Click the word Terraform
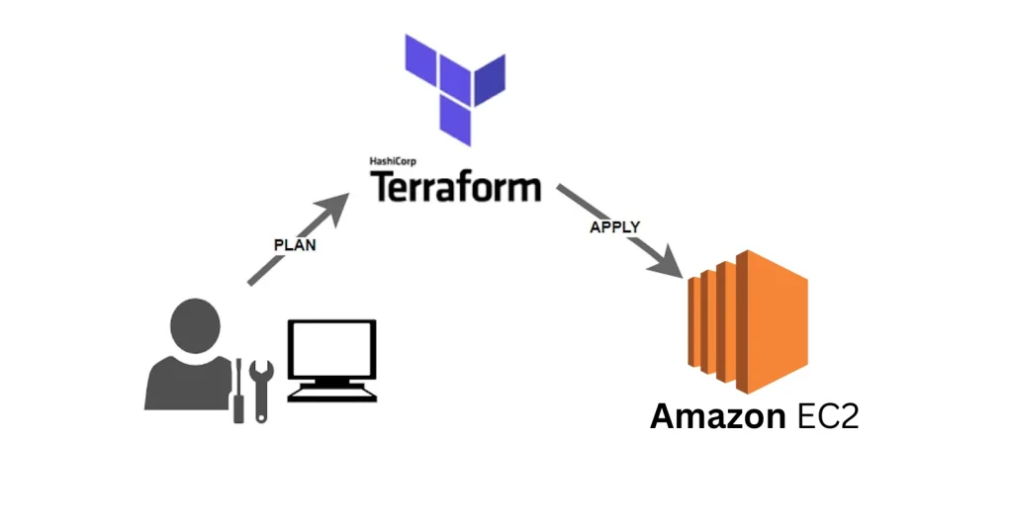455,186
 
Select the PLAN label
295,245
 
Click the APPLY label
615,226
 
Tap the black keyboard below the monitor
332,392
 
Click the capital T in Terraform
382,186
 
